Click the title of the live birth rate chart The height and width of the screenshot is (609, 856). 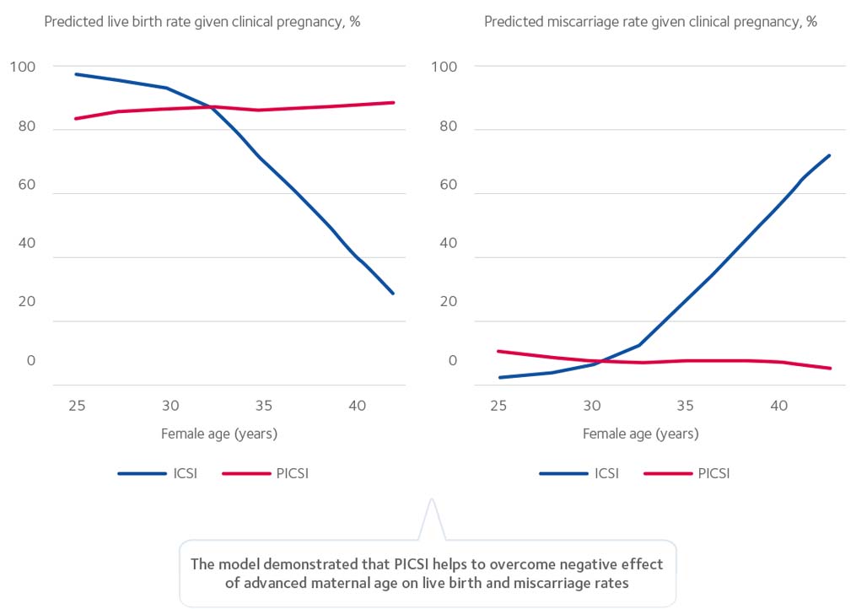tap(202, 22)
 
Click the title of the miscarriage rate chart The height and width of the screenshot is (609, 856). tap(650, 22)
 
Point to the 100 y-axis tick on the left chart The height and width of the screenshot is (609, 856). tap(23, 66)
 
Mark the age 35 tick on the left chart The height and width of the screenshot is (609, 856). tap(263, 406)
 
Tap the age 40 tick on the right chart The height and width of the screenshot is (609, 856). tap(778, 406)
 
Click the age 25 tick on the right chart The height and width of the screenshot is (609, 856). tap(498, 406)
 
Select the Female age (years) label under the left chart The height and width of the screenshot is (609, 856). tap(218, 434)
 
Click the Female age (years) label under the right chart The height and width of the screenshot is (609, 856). tap(640, 434)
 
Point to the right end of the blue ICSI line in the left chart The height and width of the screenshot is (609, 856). tap(393, 293)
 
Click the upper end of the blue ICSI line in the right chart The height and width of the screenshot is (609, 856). tap(830, 155)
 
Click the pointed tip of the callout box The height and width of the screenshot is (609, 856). tap(433, 499)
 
